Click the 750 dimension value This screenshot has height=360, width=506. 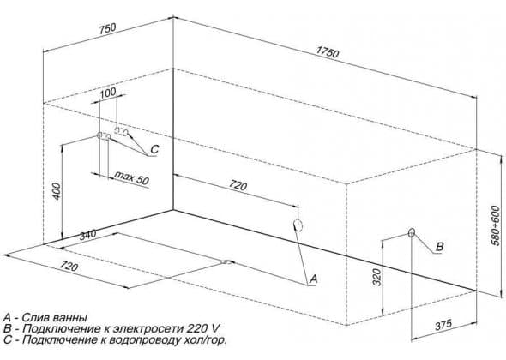point(107,28)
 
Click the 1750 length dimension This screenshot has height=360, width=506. point(328,52)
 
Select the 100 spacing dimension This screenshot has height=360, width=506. point(108,93)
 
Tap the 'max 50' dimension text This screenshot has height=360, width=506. point(132,177)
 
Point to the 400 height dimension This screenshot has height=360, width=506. point(56,191)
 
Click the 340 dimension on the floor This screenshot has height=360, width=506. point(87,234)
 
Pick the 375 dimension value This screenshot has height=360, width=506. point(443,325)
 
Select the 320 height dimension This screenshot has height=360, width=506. point(376,277)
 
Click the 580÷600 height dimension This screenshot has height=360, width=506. point(496,225)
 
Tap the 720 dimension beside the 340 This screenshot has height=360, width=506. point(69,266)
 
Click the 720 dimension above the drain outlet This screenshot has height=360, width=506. point(238,185)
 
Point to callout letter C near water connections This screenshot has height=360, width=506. point(154,149)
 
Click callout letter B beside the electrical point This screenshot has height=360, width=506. point(439,247)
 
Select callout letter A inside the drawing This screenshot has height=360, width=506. point(313,279)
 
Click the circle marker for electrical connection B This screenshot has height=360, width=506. point(412,233)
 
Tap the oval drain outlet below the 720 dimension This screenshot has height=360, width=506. point(298,225)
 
